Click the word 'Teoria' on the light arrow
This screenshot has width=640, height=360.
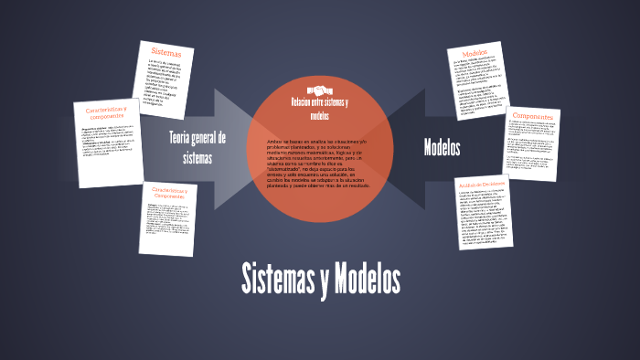186,138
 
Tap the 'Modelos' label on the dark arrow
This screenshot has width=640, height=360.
442,147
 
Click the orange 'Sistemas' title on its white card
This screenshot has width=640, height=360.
166,54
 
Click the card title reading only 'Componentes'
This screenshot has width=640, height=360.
533,117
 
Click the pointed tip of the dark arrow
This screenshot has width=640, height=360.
382,146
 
